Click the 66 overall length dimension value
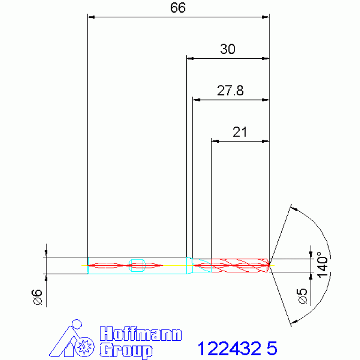(178, 8)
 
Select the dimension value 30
(228, 49)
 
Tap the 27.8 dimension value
(230, 91)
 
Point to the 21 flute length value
(240, 132)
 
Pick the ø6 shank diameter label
(37, 297)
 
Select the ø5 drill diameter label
(302, 296)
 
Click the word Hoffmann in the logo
(141, 334)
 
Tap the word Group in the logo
(126, 350)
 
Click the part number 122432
(229, 348)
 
